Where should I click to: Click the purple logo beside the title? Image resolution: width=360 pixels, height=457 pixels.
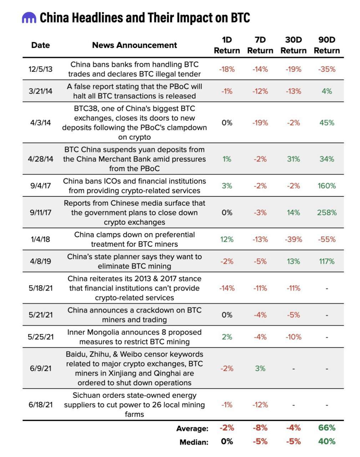(x=29, y=17)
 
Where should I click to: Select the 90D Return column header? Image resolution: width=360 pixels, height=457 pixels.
(x=327, y=45)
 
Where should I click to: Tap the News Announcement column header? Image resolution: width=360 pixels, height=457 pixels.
(x=135, y=45)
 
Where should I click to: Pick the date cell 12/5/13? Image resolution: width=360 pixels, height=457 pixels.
(x=40, y=69)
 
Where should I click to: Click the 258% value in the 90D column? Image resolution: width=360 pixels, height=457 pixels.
(x=327, y=212)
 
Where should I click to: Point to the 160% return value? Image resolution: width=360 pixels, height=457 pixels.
(x=327, y=186)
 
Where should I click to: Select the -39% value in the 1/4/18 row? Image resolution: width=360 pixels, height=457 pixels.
(x=293, y=239)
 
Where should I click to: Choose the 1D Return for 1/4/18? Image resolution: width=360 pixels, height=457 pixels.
(x=227, y=239)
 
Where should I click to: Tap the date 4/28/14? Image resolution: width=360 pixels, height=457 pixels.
(x=40, y=159)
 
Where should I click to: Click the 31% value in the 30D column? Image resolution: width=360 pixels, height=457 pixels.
(x=293, y=159)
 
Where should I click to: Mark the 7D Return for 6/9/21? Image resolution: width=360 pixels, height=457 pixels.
(x=260, y=368)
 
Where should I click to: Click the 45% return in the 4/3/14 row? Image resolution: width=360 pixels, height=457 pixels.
(x=327, y=122)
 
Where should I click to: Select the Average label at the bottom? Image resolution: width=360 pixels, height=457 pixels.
(x=192, y=428)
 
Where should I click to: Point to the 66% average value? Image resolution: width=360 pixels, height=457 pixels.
(x=327, y=428)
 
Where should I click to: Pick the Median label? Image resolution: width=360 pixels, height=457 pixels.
(x=194, y=442)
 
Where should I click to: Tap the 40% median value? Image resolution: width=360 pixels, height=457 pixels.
(x=327, y=442)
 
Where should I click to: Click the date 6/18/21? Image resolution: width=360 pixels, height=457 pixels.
(x=40, y=405)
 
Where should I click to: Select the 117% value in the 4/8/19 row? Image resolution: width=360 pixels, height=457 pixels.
(x=327, y=261)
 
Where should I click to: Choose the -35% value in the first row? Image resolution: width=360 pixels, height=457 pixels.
(x=327, y=69)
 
